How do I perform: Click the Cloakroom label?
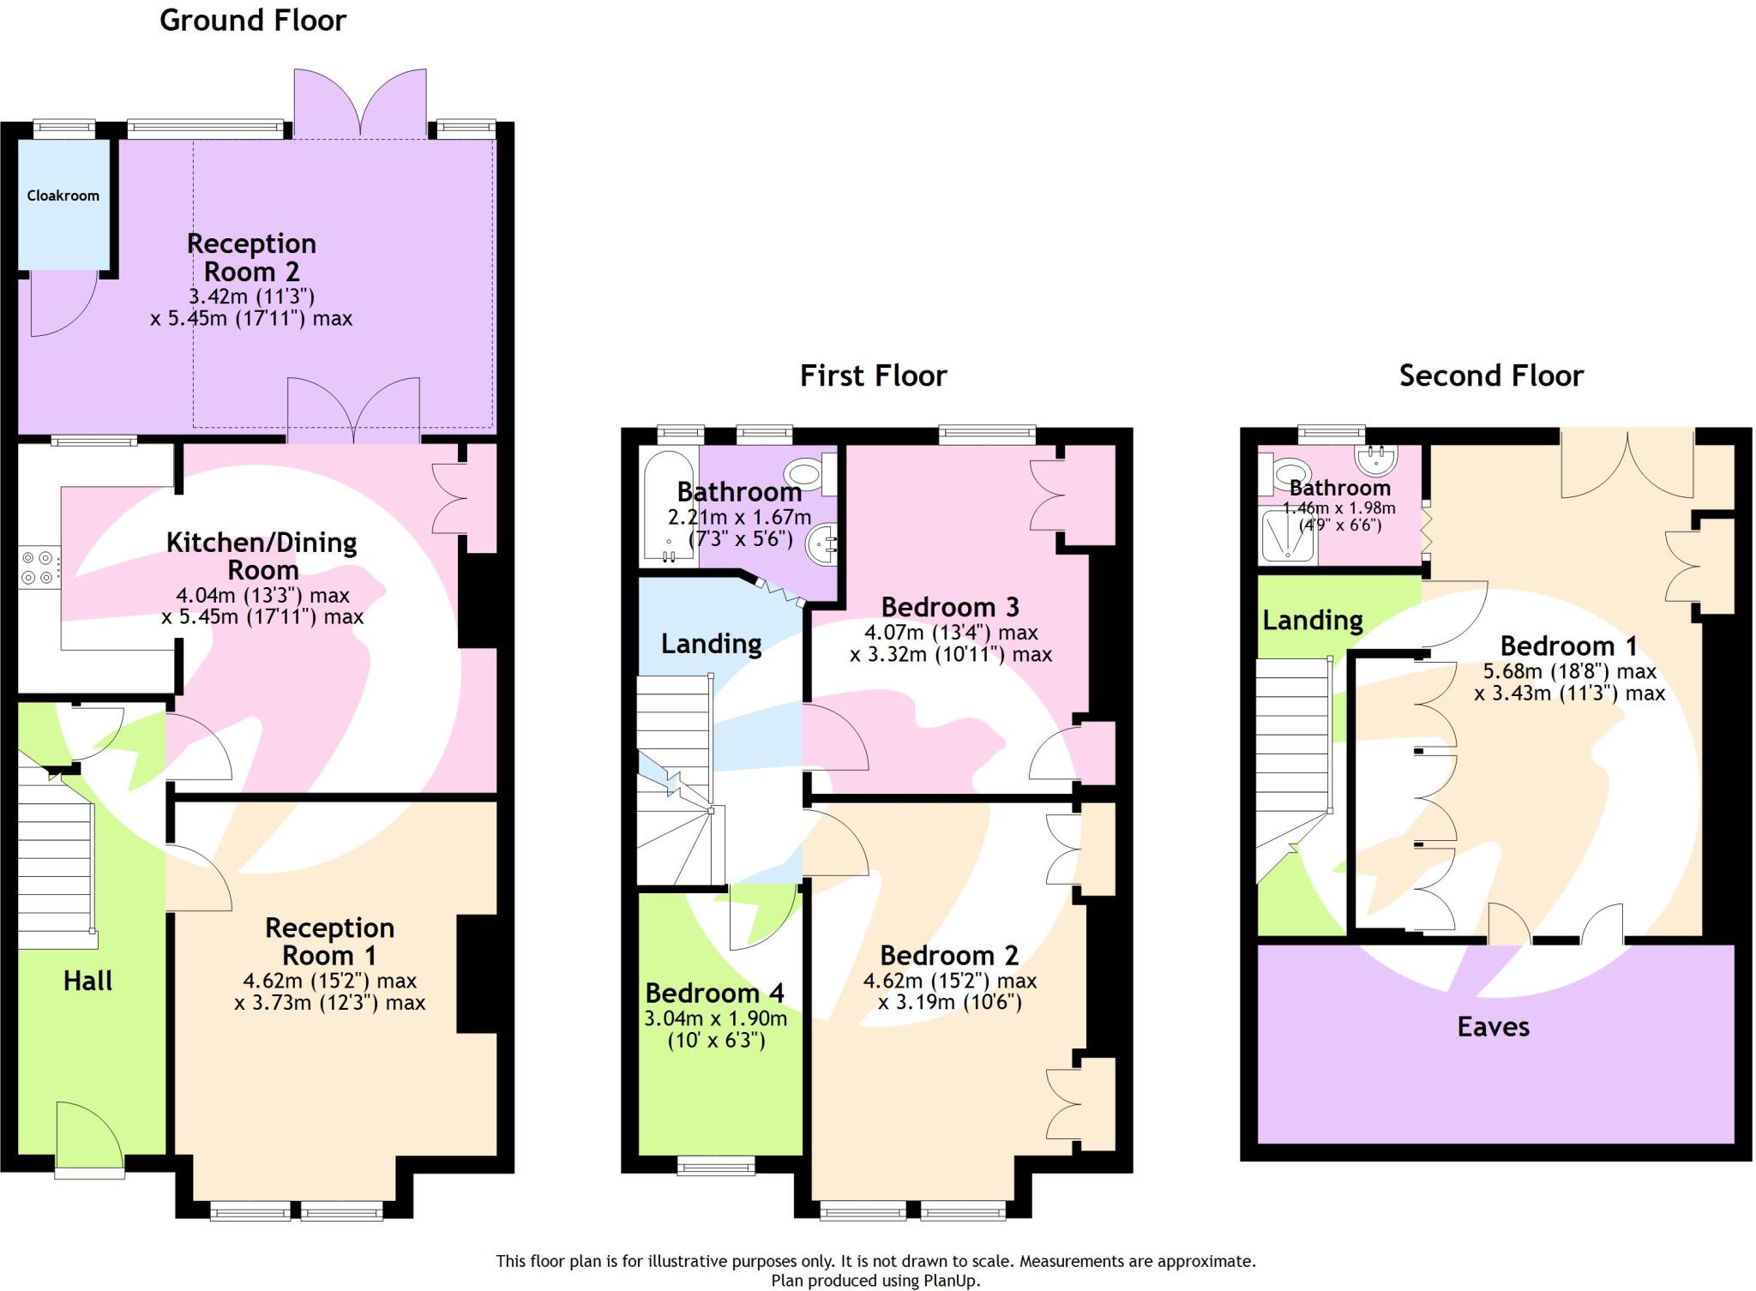coord(63,195)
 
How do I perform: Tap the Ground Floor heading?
coord(253,20)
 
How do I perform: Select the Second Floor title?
coord(1491,375)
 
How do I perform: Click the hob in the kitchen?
coord(39,568)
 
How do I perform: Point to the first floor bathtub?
coord(668,506)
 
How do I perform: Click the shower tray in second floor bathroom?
coord(1287,537)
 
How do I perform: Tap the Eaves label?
coord(1493,1026)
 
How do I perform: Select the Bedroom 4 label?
coord(714,993)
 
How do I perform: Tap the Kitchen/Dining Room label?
coord(262,555)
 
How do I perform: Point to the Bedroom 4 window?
coord(716,1164)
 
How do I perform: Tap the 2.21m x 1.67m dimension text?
coord(739,517)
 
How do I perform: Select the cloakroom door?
coord(60,304)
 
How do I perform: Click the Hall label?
coord(87,981)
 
